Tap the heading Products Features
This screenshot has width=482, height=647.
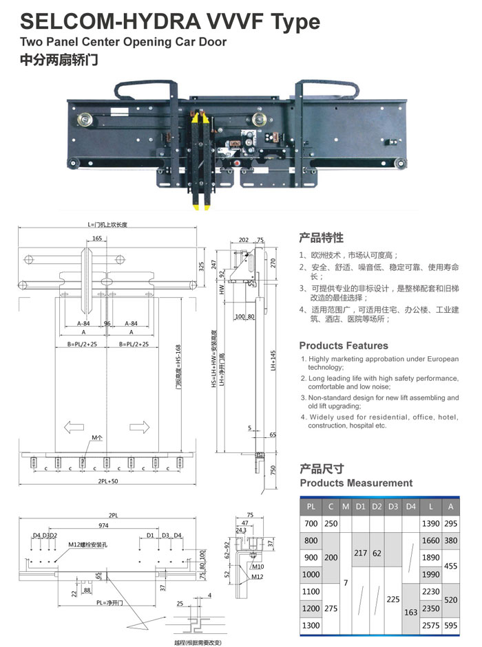point(344,346)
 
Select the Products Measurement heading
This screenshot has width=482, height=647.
point(356,483)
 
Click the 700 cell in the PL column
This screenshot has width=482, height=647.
point(311,524)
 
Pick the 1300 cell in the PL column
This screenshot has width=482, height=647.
point(312,626)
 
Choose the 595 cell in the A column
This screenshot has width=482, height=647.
point(450,626)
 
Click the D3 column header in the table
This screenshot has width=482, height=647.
point(393,507)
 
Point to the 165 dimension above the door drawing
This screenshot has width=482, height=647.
point(96,239)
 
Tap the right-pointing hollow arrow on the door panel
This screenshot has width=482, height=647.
point(140,428)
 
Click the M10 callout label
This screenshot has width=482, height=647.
point(258,567)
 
